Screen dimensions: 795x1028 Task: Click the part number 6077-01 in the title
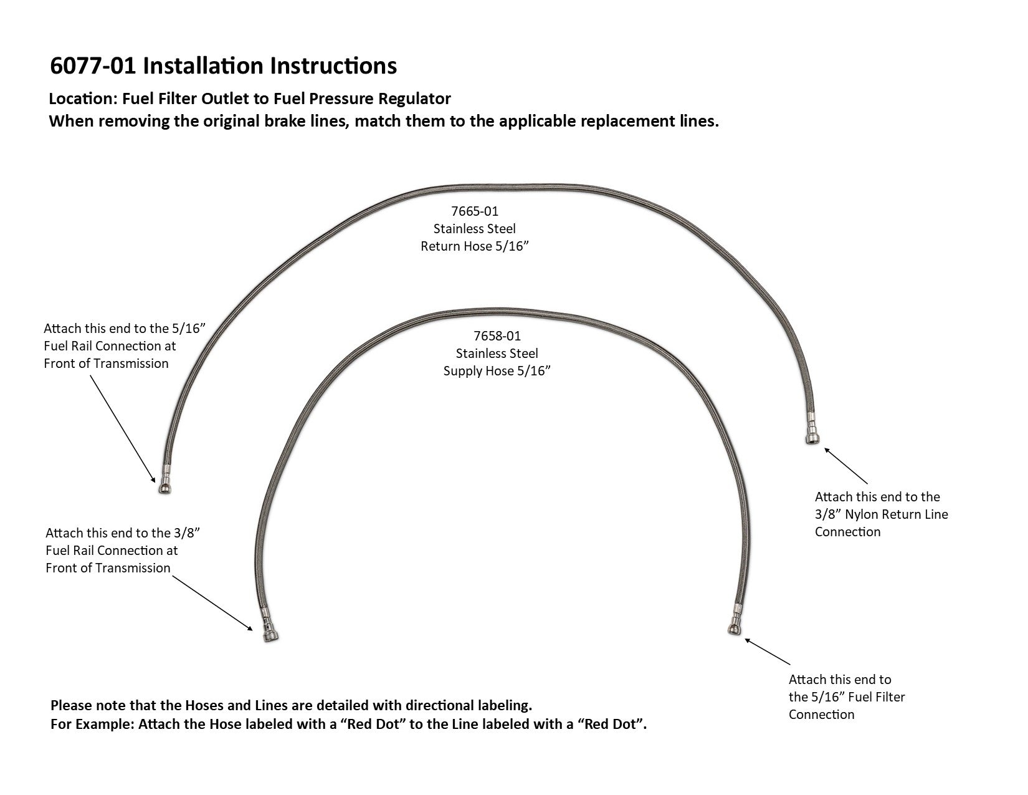(x=93, y=65)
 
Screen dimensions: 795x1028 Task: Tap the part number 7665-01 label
(x=475, y=211)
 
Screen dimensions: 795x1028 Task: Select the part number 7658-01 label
(x=497, y=336)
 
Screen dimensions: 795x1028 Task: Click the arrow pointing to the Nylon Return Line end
(x=846, y=465)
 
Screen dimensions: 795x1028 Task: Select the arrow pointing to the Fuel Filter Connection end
(x=767, y=652)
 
